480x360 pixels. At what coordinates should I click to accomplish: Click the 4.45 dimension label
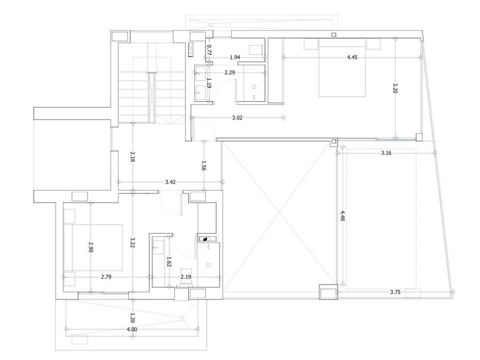pyautogui.click(x=352, y=57)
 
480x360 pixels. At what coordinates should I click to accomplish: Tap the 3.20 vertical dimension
pyautogui.click(x=395, y=88)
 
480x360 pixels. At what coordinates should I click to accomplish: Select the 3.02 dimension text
pyautogui.click(x=237, y=117)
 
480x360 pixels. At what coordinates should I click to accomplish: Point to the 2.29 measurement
pyautogui.click(x=229, y=72)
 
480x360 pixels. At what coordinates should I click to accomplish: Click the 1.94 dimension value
pyautogui.click(x=235, y=57)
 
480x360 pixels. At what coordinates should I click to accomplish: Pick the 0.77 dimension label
pyautogui.click(x=209, y=49)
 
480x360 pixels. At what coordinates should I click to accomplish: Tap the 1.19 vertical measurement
pyautogui.click(x=209, y=83)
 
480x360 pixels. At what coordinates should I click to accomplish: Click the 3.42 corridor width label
pyautogui.click(x=171, y=182)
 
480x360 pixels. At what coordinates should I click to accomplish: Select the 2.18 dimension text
pyautogui.click(x=132, y=156)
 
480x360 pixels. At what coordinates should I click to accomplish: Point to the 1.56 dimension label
pyautogui.click(x=204, y=166)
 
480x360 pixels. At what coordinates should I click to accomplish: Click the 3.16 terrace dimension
pyautogui.click(x=386, y=152)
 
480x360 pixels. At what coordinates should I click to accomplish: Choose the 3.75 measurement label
pyautogui.click(x=395, y=292)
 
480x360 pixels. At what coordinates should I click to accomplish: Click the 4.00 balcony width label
pyautogui.click(x=132, y=329)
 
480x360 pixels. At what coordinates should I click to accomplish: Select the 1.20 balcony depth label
pyautogui.click(x=132, y=317)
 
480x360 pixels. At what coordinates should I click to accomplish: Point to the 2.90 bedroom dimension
pyautogui.click(x=91, y=247)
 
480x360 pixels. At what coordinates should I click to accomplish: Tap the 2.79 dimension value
pyautogui.click(x=106, y=277)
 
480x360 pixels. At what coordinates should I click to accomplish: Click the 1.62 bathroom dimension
pyautogui.click(x=169, y=261)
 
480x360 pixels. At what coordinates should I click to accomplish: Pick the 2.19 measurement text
pyautogui.click(x=186, y=277)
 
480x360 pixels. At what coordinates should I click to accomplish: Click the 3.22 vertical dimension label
pyautogui.click(x=132, y=242)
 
